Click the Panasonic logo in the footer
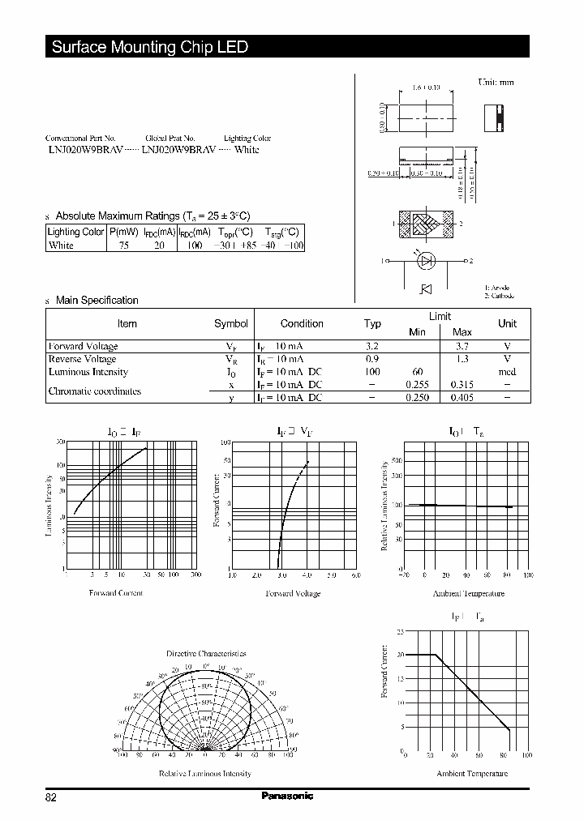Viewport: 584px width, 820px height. (287, 797)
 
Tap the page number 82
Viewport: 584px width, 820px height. (51, 797)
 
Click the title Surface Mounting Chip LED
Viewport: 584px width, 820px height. (150, 47)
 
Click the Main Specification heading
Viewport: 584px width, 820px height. (97, 300)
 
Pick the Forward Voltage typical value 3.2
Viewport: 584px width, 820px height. (372, 346)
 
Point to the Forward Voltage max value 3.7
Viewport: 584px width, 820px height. (462, 346)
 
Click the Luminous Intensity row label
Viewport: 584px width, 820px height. (88, 372)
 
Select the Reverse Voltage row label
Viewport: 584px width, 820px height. (83, 359)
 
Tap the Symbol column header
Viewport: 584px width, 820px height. (230, 323)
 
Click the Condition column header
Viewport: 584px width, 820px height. (302, 323)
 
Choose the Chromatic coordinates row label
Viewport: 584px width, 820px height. (95, 391)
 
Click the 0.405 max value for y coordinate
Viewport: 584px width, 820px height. (462, 398)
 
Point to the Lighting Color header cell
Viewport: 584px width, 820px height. (76, 232)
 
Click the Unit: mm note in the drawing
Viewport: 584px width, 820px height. (495, 82)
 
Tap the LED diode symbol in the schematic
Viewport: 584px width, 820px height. (427, 262)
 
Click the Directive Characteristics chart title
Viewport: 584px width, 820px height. (206, 653)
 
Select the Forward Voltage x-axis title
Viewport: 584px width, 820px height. (293, 593)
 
